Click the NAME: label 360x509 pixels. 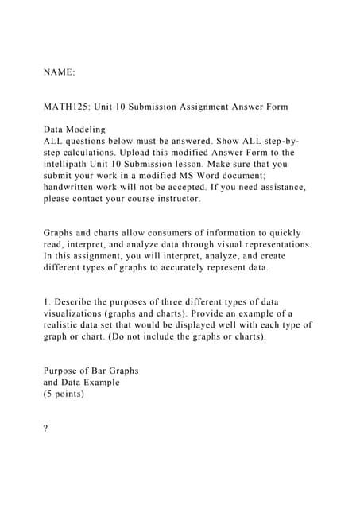pos(59,72)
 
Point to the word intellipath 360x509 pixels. pos(71,164)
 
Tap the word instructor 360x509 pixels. pos(174,199)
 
